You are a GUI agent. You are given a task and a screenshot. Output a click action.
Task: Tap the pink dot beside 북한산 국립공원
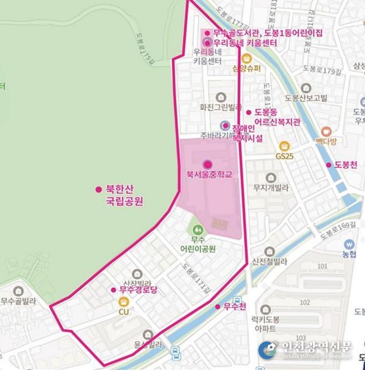[x=98, y=189]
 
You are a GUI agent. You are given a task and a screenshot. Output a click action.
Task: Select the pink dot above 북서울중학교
[x=208, y=164]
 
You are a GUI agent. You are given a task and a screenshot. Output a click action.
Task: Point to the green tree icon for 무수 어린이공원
[x=197, y=229]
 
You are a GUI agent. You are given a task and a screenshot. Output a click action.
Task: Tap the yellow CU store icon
[x=124, y=301]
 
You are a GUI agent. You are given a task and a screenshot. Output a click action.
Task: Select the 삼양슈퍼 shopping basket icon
[x=247, y=58]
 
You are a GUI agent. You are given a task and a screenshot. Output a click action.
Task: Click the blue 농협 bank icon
[x=349, y=244]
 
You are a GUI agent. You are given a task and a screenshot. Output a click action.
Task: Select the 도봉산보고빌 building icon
[x=305, y=87]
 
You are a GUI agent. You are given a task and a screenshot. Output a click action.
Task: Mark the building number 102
[x=320, y=302]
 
